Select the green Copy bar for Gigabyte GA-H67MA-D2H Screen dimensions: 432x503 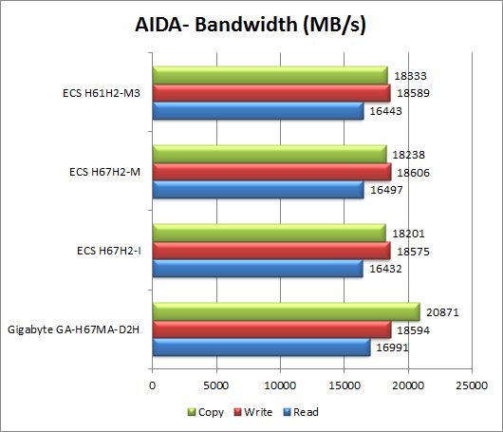pos(285,311)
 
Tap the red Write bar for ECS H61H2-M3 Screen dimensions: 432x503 pos(270,93)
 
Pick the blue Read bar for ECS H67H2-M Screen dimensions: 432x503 pos(257,190)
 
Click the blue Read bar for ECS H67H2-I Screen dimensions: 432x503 pos(257,269)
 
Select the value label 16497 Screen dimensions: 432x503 pos(384,190)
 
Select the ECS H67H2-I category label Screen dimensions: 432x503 pos(109,251)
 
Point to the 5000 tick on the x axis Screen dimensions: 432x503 pos(216,386)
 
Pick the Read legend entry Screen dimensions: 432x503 pos(299,412)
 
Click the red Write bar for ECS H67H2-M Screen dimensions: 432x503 pos(270,172)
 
